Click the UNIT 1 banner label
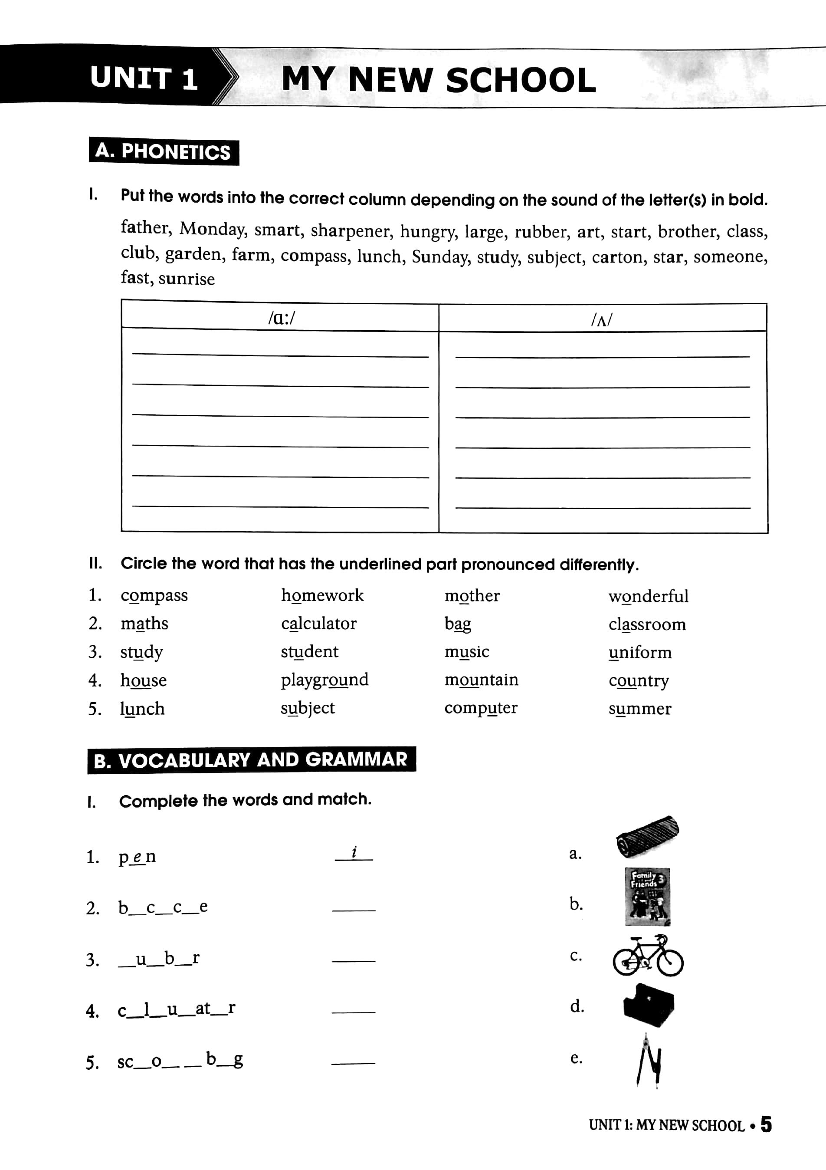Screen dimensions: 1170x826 click(144, 79)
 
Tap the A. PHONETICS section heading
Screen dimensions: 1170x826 click(164, 151)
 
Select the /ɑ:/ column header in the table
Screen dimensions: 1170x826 click(281, 319)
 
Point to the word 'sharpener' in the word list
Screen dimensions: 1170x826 click(351, 231)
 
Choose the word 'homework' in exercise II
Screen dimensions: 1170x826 click(322, 595)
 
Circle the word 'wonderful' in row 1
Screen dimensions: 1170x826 click(648, 596)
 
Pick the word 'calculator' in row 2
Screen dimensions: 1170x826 click(319, 624)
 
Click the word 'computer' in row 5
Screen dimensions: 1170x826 click(481, 708)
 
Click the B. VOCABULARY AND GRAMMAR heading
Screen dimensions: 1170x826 click(251, 760)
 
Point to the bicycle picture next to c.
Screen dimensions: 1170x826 click(647, 956)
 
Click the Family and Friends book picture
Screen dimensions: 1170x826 click(647, 897)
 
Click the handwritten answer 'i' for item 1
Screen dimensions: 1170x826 click(354, 852)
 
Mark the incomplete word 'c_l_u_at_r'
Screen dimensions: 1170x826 click(176, 1009)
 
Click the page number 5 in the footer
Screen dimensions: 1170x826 click(766, 1124)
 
